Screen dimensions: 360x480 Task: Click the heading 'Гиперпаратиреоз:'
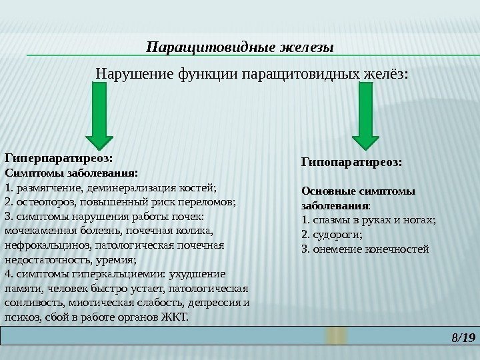point(59,158)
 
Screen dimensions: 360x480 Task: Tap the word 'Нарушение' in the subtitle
point(134,71)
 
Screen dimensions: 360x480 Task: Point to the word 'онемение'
point(337,250)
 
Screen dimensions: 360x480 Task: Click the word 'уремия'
point(117,260)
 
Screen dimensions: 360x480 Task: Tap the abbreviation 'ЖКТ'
point(177,317)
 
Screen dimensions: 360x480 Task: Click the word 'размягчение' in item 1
point(45,187)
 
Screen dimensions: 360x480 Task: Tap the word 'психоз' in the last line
point(19,317)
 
